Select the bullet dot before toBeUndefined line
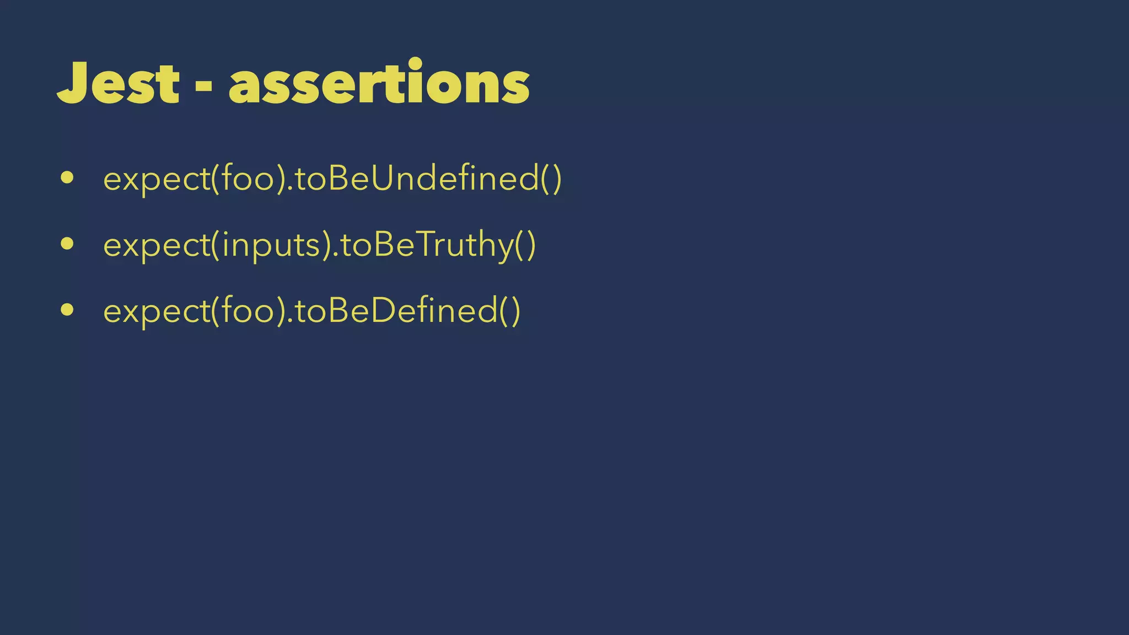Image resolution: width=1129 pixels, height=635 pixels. click(x=67, y=177)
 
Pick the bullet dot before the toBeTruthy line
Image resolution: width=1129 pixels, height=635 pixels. click(x=67, y=244)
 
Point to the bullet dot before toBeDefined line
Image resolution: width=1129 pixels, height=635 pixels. click(x=67, y=310)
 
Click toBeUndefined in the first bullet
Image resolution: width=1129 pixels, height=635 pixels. click(x=417, y=179)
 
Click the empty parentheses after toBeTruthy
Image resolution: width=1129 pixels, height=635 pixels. click(x=525, y=245)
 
